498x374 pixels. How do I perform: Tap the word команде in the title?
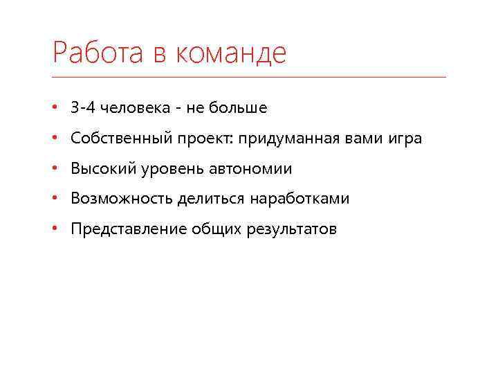coord(230,53)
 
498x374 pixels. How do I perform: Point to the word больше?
coord(237,108)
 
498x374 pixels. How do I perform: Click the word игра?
coord(403,139)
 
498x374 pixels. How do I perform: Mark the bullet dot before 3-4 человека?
coord(55,108)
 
